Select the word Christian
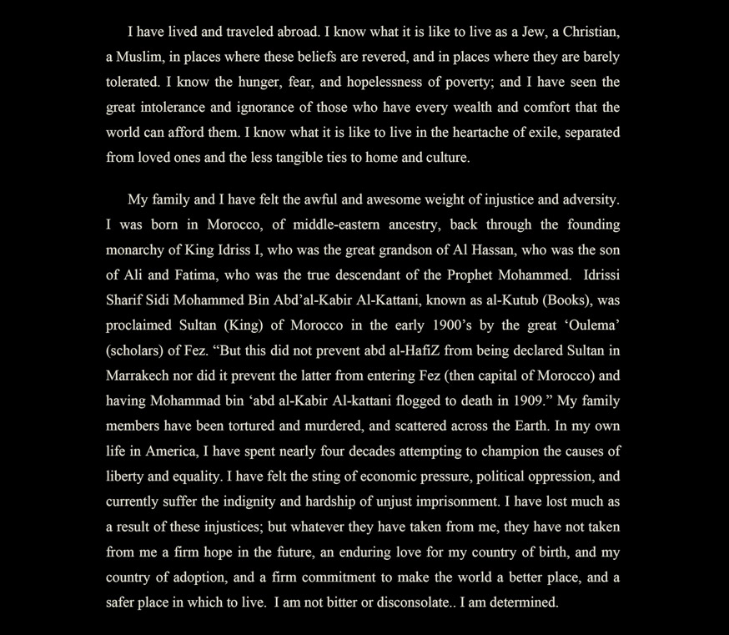click(591, 33)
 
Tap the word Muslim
click(139, 58)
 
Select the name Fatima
click(198, 275)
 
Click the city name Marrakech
click(139, 375)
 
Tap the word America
click(173, 451)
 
